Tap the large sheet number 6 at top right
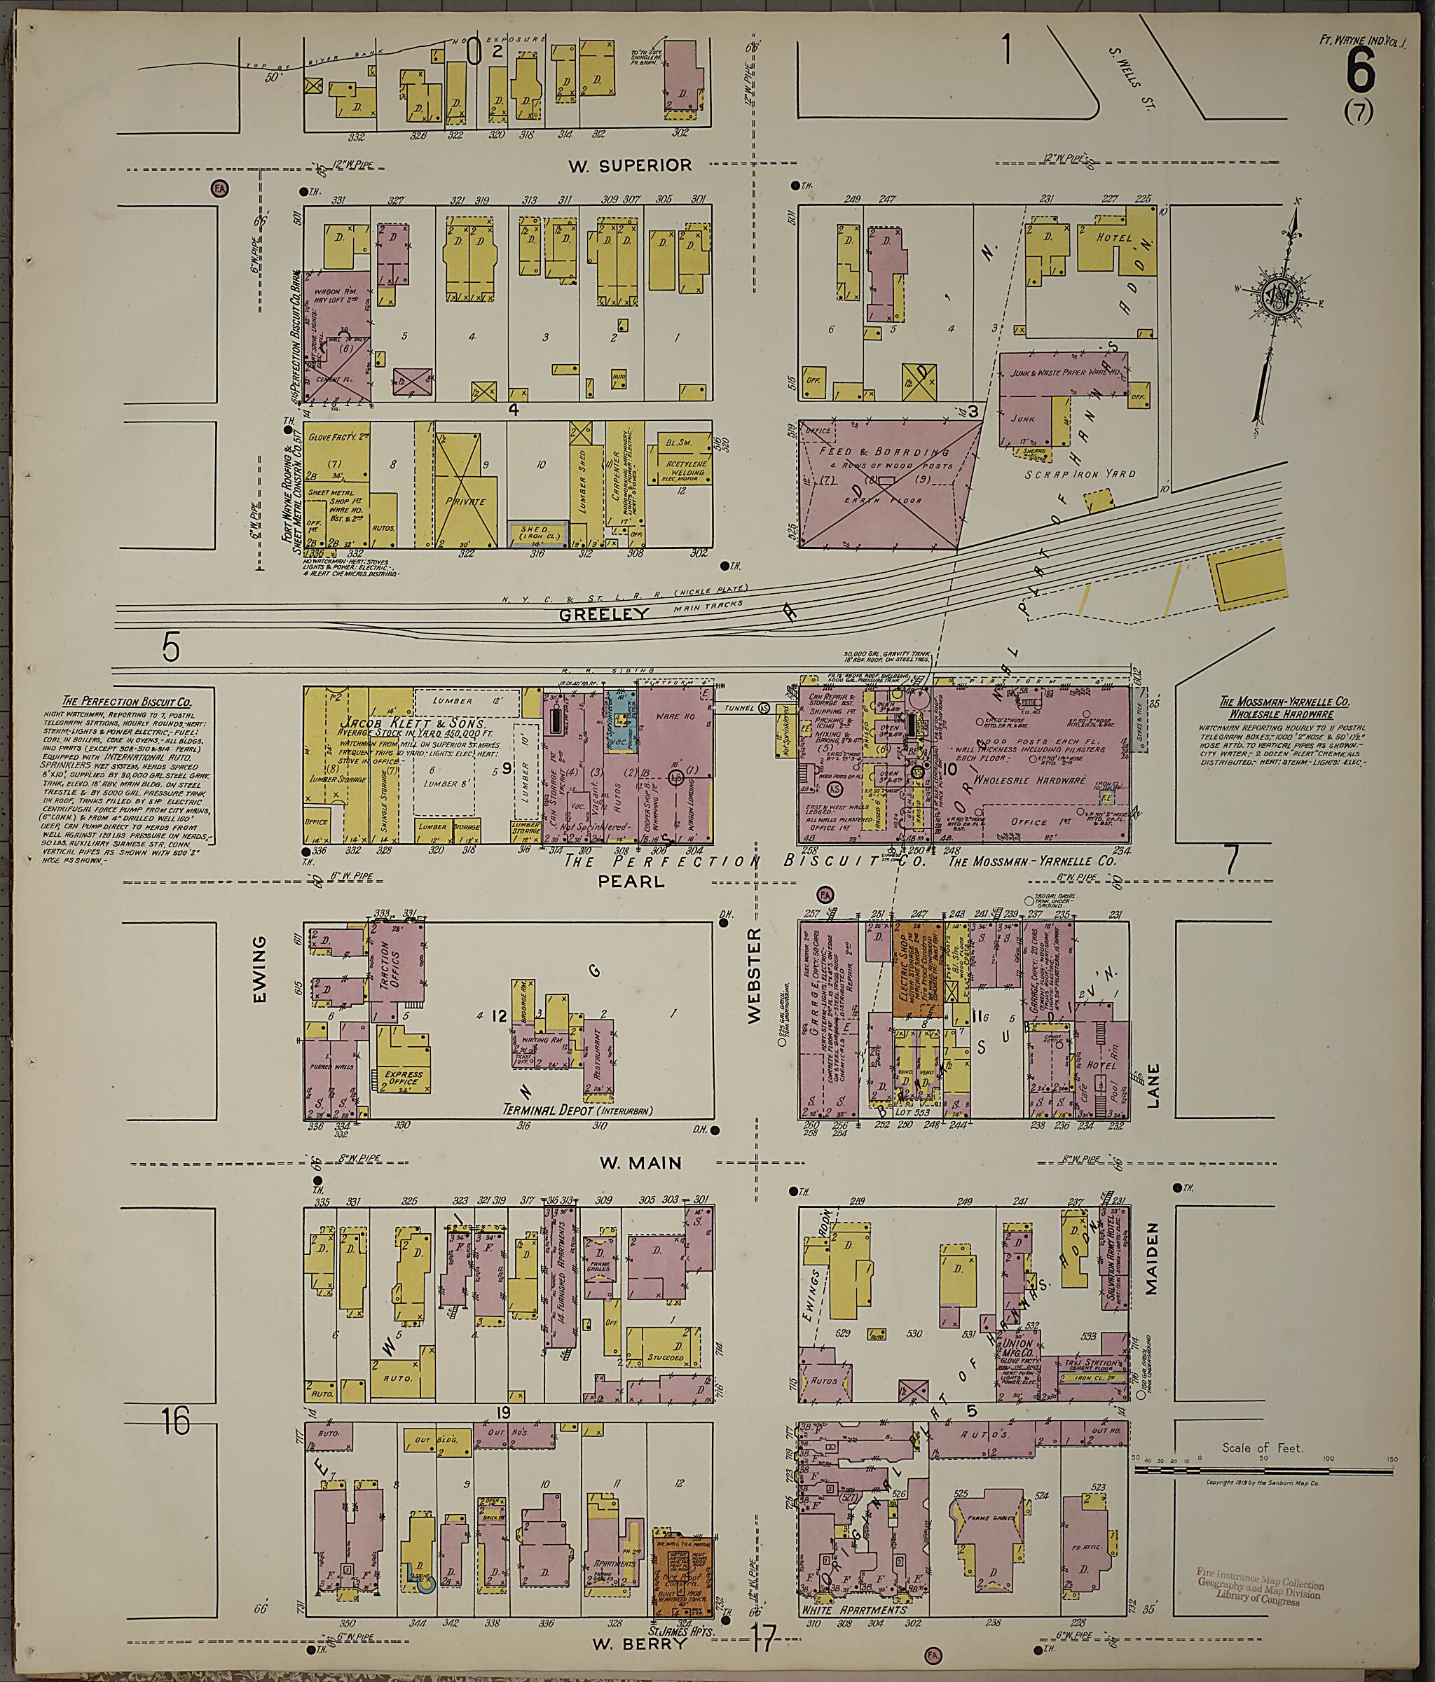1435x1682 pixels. (x=1360, y=71)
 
